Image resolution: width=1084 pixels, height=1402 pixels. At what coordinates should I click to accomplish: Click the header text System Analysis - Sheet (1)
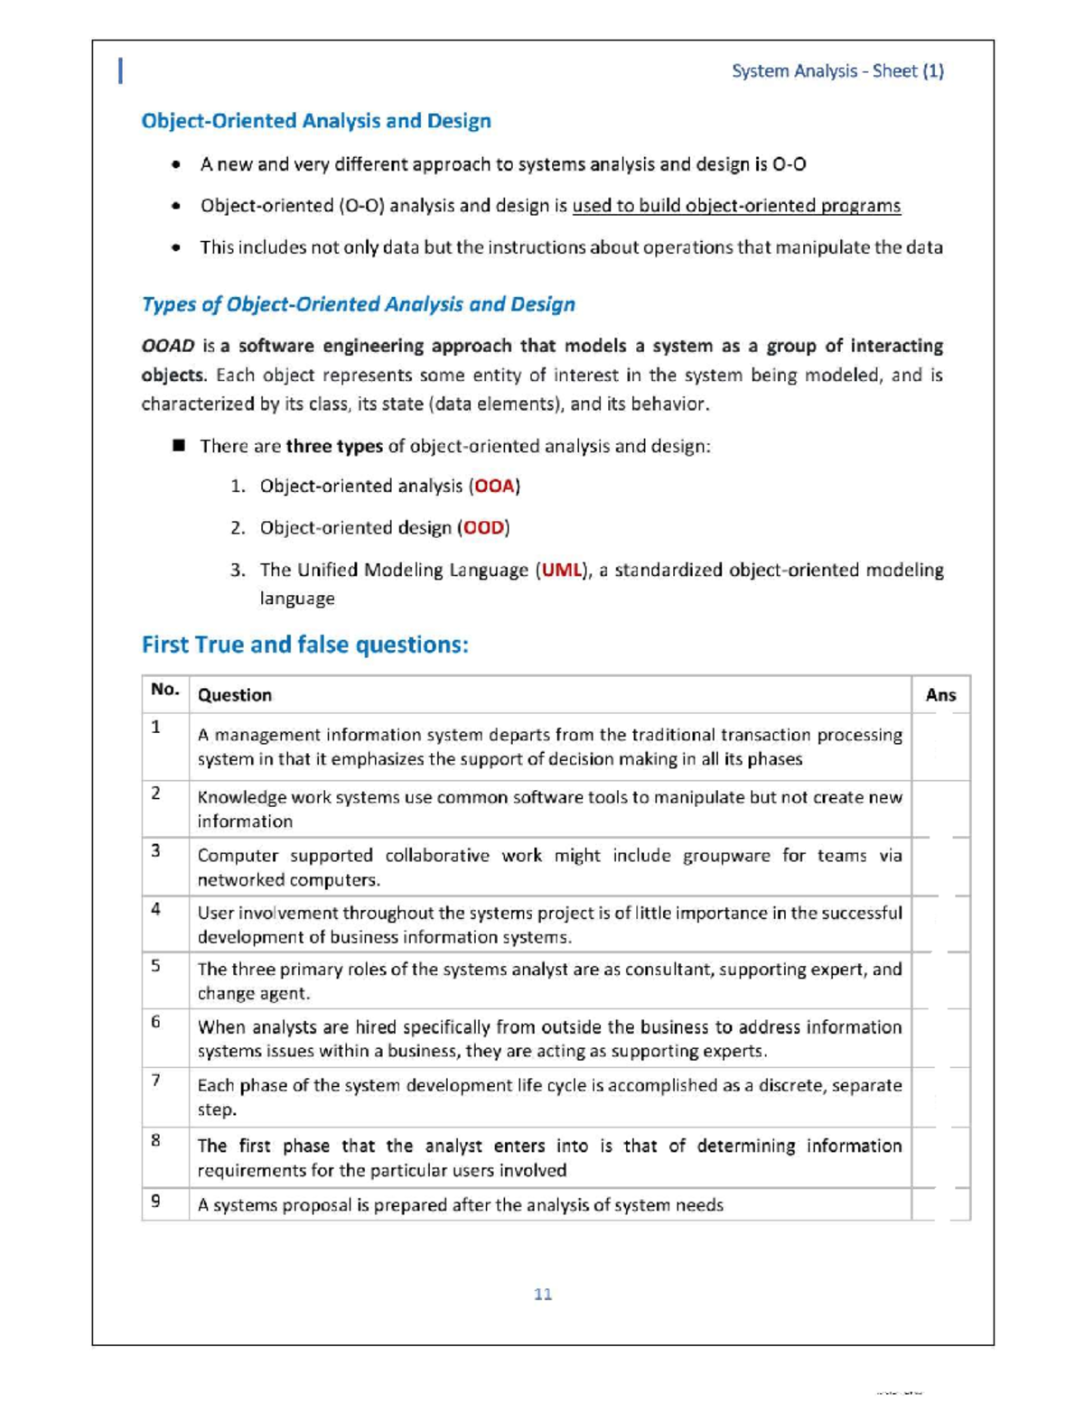[x=837, y=71]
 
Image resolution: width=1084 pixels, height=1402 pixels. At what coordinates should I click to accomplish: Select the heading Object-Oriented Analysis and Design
[x=316, y=121]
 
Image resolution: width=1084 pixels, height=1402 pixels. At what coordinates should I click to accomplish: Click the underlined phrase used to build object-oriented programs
[x=736, y=206]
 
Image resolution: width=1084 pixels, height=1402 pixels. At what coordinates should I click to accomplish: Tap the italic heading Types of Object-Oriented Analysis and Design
[x=358, y=304]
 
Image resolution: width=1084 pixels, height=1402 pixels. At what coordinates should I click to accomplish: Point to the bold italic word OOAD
[x=168, y=346]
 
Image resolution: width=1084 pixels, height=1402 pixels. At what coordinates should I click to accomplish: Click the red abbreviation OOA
[x=494, y=487]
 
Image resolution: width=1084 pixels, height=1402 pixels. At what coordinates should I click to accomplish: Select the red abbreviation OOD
[x=483, y=528]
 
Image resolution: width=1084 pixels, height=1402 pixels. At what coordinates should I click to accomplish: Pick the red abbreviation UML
[x=561, y=571]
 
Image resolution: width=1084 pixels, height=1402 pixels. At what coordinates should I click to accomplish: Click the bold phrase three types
[x=334, y=447]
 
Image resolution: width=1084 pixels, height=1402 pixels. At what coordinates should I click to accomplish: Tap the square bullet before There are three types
[x=179, y=446]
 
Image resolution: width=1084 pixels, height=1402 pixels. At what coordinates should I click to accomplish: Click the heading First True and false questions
[x=305, y=645]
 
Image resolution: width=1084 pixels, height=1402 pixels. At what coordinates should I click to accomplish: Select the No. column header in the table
[x=165, y=691]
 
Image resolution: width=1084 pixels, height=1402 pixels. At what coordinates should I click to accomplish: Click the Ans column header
[x=940, y=695]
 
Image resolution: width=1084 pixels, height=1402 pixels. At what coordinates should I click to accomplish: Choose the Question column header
[x=235, y=695]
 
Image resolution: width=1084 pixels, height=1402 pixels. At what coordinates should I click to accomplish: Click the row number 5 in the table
[x=156, y=966]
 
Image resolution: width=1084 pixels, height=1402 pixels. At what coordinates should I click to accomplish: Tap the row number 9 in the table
[x=156, y=1202]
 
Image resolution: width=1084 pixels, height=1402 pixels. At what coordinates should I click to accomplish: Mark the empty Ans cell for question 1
[x=940, y=747]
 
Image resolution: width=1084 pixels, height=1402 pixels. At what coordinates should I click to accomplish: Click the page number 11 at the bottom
[x=543, y=1295]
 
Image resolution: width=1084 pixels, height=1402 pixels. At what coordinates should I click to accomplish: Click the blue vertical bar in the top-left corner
[x=121, y=70]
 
